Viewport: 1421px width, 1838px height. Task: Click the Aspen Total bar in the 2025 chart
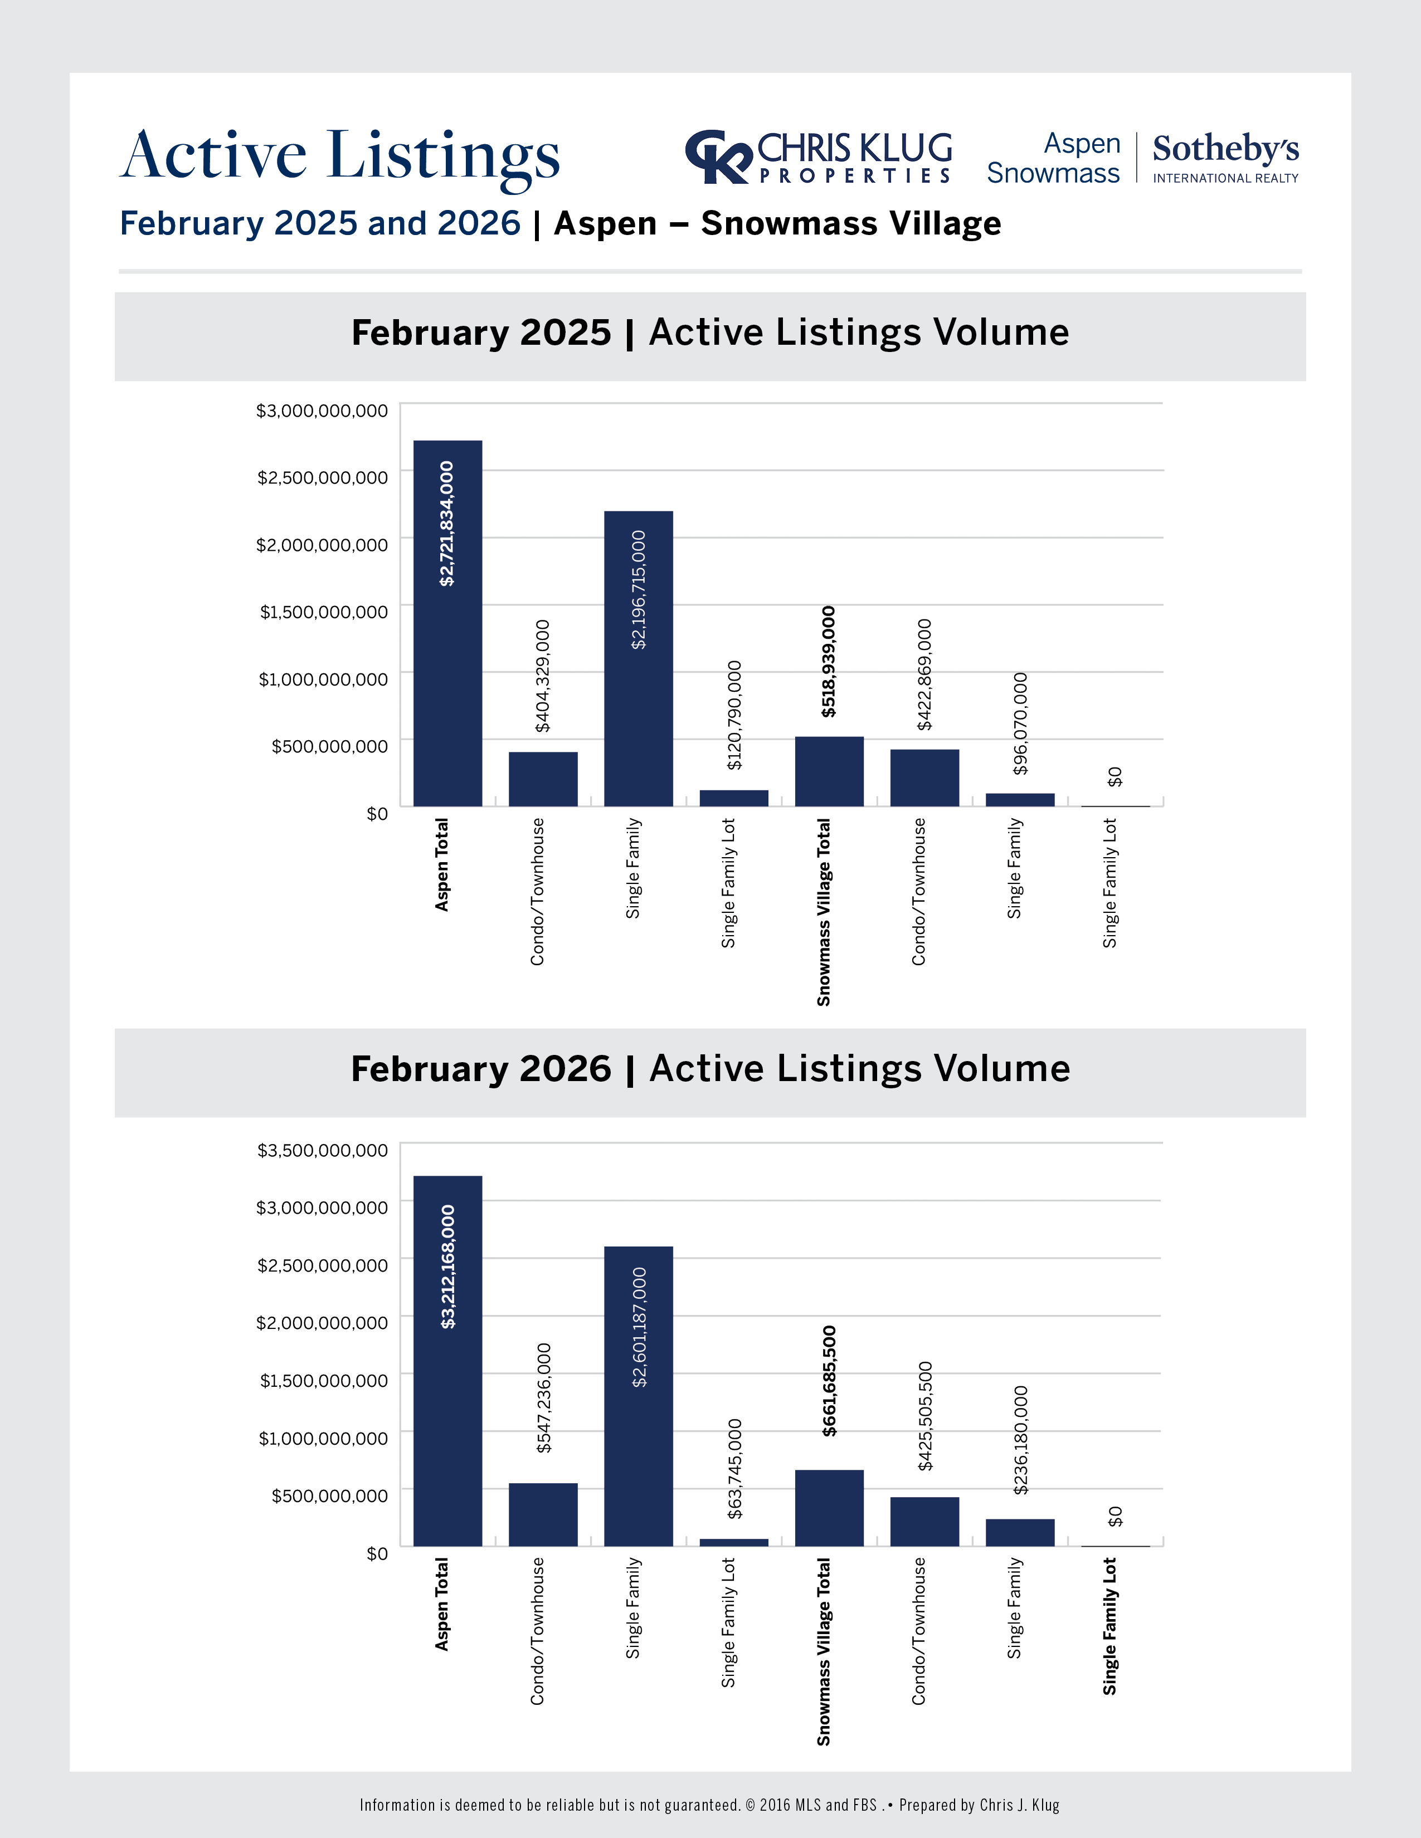(447, 623)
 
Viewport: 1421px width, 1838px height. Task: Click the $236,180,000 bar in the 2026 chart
(1019, 1532)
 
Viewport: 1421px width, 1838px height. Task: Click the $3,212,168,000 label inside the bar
(448, 1267)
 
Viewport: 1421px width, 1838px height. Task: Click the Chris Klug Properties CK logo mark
(717, 157)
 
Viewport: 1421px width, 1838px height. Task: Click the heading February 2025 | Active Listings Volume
(709, 333)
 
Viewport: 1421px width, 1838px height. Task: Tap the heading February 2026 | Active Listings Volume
(709, 1069)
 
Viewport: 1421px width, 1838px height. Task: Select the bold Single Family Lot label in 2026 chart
(1109, 1626)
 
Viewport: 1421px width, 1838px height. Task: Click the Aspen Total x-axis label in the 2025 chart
(442, 864)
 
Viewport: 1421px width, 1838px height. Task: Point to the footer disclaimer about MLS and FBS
(709, 1805)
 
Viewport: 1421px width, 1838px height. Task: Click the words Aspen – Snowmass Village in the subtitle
(777, 224)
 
